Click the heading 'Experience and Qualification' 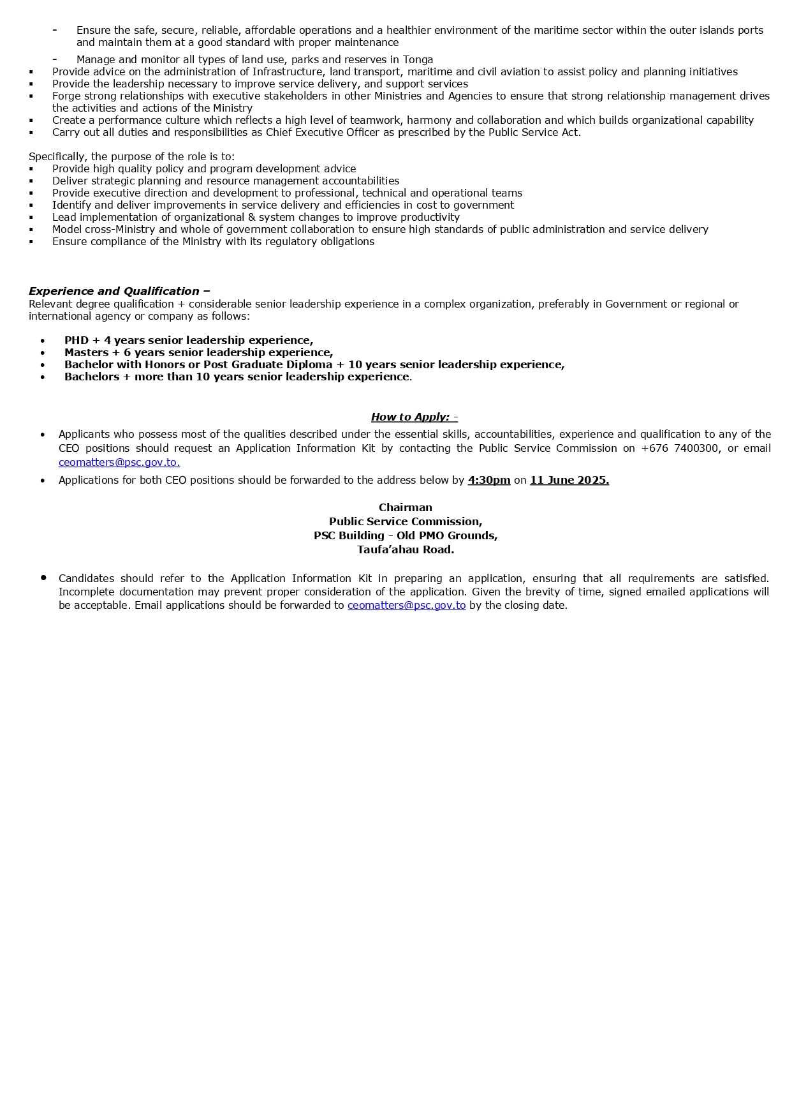[114, 291]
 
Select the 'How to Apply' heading [410, 417]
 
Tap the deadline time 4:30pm [489, 480]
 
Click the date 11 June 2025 [569, 480]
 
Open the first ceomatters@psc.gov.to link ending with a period [119, 462]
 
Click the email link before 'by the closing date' [406, 605]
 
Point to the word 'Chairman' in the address [406, 507]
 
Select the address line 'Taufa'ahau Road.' [406, 549]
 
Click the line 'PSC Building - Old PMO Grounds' [406, 535]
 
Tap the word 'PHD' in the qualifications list [77, 340]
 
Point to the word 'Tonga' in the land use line [418, 59]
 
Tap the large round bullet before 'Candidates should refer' [43, 578]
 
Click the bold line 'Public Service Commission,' [406, 521]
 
